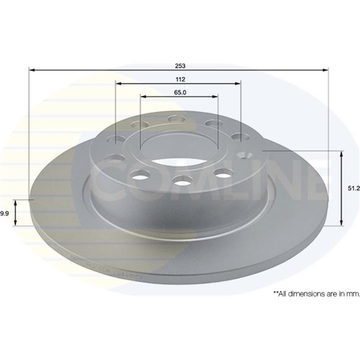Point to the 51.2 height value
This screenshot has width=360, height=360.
point(354,189)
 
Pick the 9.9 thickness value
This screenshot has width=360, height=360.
point(4,213)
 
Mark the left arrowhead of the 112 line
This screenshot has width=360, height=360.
point(118,83)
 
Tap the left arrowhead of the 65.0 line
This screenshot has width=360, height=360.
point(143,96)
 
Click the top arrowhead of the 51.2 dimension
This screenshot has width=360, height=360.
point(342,154)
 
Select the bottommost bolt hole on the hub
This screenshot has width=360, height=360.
point(182,181)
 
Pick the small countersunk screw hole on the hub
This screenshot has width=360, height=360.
point(245,155)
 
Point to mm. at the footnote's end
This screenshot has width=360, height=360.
point(354,293)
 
